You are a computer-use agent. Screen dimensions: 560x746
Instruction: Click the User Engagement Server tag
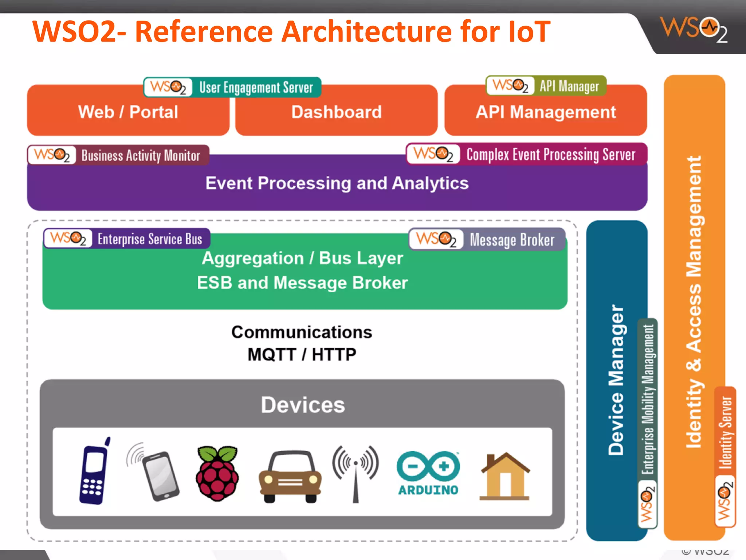point(232,87)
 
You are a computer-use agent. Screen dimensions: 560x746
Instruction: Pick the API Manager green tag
point(546,86)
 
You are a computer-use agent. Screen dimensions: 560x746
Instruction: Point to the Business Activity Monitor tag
point(118,155)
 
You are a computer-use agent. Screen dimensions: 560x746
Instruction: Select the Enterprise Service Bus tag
point(127,239)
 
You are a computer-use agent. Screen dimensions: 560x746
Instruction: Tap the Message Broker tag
point(487,240)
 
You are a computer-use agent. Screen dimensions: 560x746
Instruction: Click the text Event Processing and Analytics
point(337,183)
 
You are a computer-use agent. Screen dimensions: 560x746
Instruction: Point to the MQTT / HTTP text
point(302,354)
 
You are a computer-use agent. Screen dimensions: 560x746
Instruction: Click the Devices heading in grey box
point(303,405)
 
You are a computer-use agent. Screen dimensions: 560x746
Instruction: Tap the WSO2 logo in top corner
point(694,29)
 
